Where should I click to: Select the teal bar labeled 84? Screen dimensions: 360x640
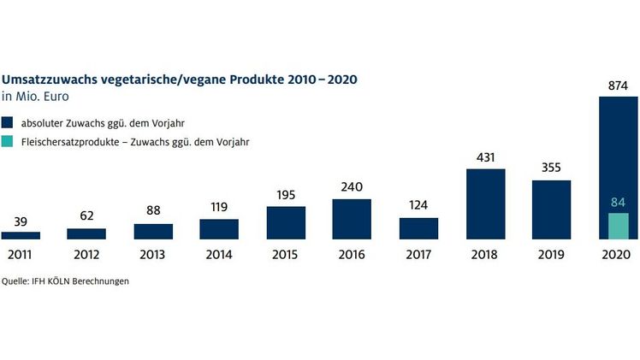tap(618, 226)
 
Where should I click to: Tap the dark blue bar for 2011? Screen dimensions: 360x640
tap(21, 235)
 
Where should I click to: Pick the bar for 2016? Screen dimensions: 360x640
tap(352, 219)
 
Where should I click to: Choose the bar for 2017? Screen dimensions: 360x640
tap(418, 228)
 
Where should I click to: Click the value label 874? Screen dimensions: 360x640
tap(618, 86)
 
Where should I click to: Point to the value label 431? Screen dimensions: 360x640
tap(485, 158)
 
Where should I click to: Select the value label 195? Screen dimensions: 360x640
tap(286, 195)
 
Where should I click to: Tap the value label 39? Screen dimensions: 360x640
tap(21, 221)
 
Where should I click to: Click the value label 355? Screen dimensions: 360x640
tap(551, 168)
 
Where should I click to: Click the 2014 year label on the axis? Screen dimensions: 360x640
tap(219, 255)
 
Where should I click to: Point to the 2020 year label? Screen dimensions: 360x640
tap(618, 255)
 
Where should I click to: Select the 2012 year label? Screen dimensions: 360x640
tap(86, 255)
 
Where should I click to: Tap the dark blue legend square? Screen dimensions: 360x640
tap(8, 121)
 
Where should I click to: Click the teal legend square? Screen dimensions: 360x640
tap(8, 143)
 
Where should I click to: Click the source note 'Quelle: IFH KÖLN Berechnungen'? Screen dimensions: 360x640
tap(65, 281)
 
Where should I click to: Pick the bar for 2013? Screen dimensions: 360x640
tap(153, 232)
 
